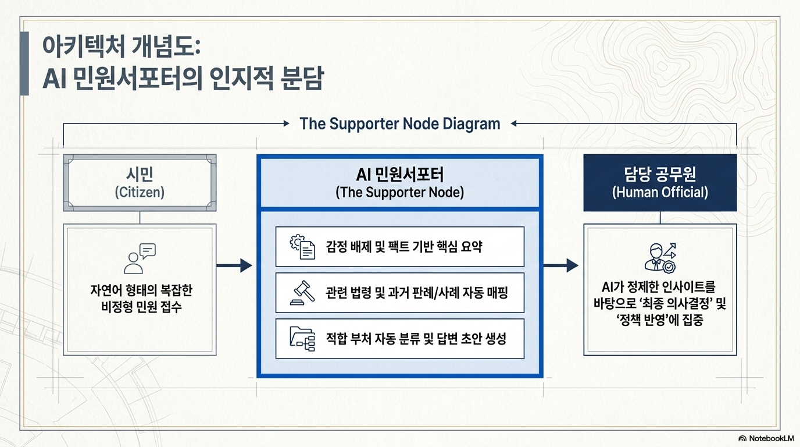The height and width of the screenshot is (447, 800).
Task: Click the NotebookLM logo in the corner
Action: (x=766, y=438)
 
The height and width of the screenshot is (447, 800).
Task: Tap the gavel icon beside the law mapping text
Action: (x=302, y=293)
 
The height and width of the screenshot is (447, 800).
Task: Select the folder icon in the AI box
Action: (x=302, y=339)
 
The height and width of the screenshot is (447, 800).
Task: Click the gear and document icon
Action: (x=302, y=247)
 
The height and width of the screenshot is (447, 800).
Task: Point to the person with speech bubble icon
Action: (x=140, y=258)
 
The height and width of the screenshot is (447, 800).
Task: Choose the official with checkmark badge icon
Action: (x=660, y=258)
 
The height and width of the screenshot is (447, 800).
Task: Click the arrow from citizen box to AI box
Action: (x=234, y=265)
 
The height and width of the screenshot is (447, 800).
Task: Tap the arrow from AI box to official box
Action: (x=560, y=265)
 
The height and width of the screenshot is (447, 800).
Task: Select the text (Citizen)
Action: (x=140, y=193)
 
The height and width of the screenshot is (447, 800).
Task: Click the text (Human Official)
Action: (x=660, y=193)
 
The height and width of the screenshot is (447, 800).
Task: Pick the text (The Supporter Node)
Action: (x=399, y=193)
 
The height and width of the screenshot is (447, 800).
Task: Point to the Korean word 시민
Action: (x=140, y=175)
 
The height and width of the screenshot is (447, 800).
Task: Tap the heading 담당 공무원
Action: (x=660, y=174)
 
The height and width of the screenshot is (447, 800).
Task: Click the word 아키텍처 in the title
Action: (x=83, y=47)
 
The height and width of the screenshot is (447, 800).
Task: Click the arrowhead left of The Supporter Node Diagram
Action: (x=286, y=123)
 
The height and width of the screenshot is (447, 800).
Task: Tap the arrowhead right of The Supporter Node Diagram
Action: (x=514, y=124)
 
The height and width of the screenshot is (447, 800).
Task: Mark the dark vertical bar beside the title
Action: (x=24, y=63)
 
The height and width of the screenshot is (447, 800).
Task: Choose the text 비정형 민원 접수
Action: (x=141, y=307)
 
